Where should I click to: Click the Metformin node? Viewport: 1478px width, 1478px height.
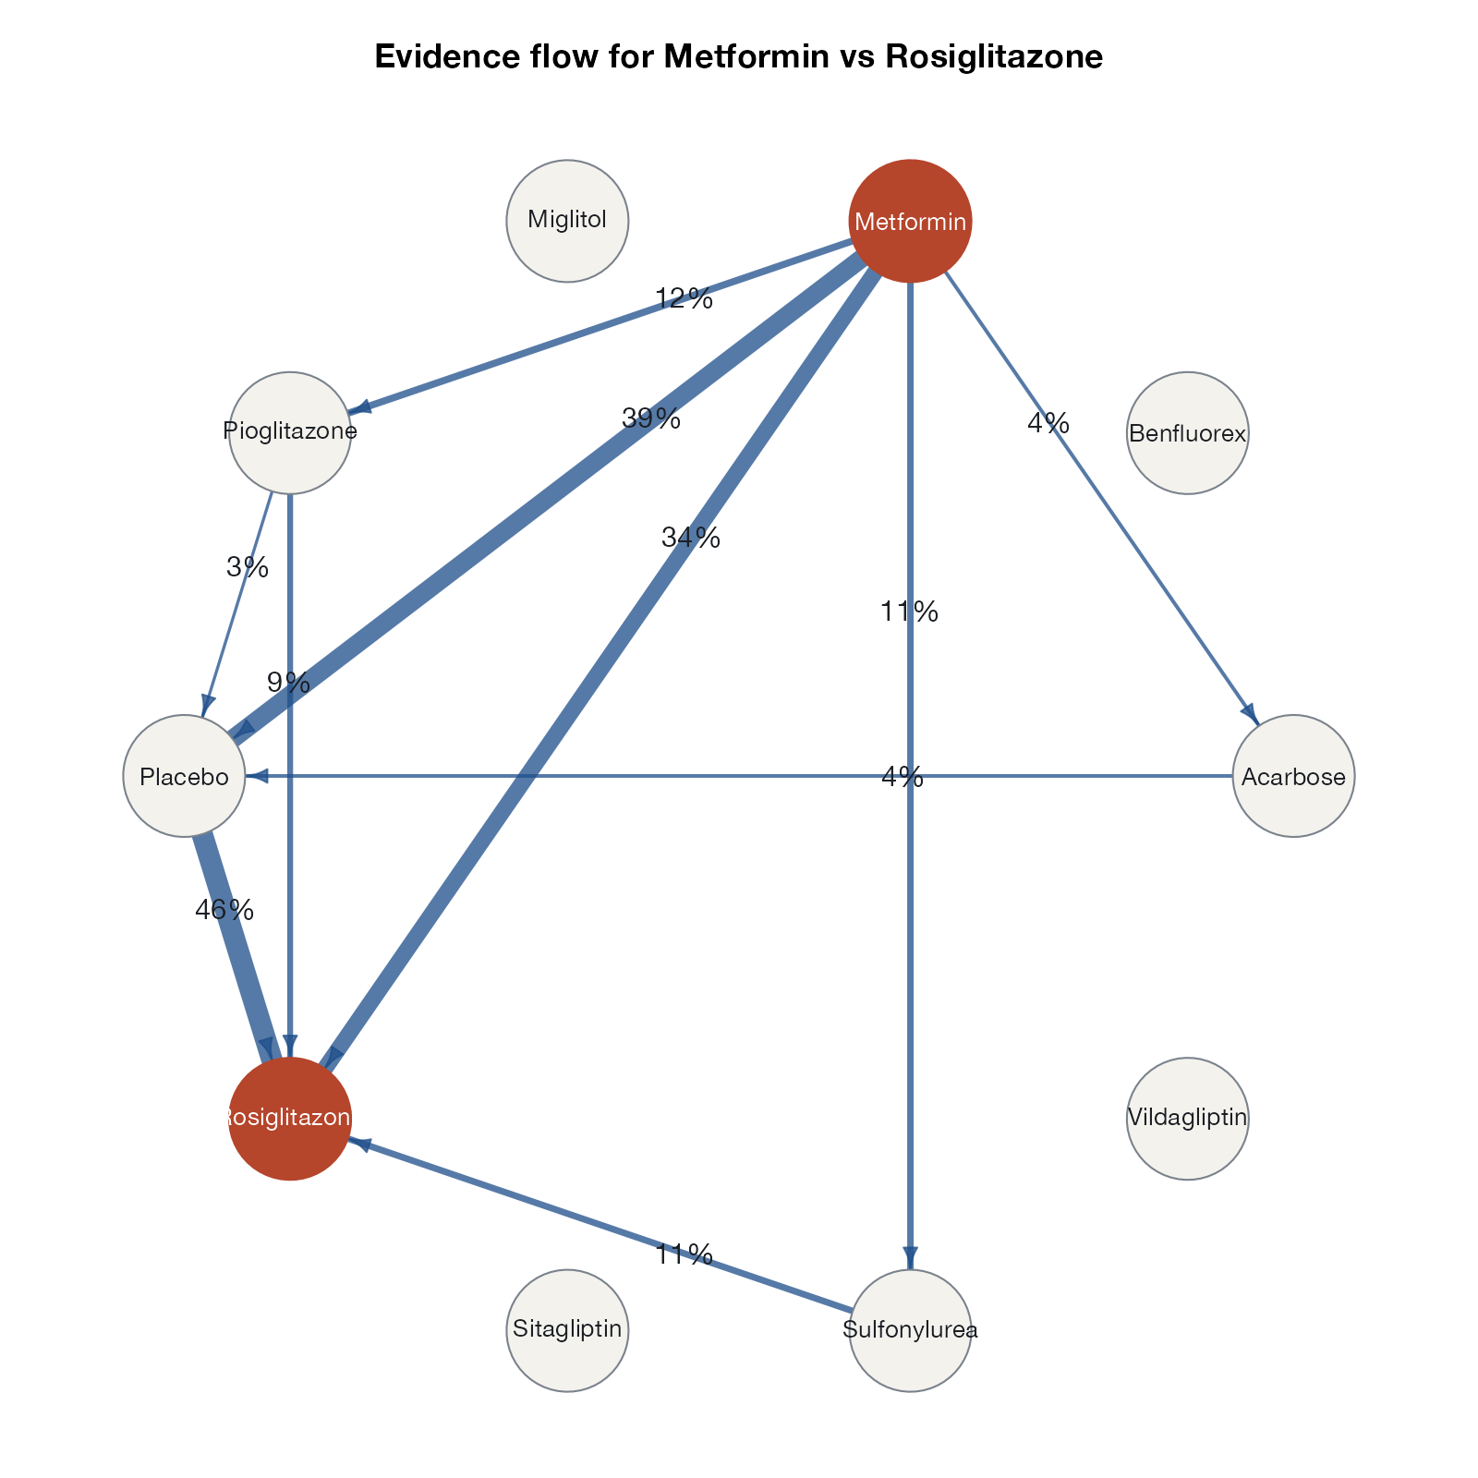(910, 221)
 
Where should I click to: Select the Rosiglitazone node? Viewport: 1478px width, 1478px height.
(290, 1119)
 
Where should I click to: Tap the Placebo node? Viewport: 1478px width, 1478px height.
(184, 776)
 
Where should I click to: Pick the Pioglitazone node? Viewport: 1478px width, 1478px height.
(290, 433)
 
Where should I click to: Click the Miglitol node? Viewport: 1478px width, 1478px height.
(567, 221)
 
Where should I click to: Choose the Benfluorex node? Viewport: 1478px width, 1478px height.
(1188, 433)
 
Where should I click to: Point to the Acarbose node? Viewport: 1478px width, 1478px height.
(1293, 776)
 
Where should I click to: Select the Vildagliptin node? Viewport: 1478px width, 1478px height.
(1188, 1119)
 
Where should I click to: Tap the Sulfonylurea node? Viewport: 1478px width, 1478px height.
(910, 1330)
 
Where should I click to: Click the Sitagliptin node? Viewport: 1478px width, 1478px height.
(567, 1330)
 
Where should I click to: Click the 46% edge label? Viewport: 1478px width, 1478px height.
(224, 911)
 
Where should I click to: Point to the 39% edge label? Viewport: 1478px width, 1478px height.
(651, 419)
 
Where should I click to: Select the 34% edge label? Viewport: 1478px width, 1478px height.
(691, 538)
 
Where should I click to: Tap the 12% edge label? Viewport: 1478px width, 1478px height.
(684, 299)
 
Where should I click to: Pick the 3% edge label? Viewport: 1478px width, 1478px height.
(248, 567)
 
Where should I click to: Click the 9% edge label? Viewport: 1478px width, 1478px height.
(288, 684)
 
